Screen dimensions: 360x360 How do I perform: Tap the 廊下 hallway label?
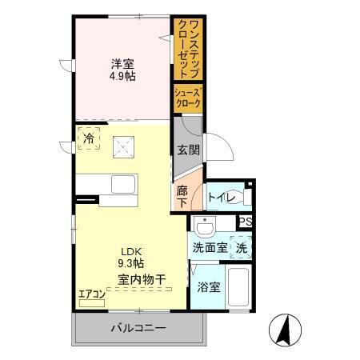pos(182,197)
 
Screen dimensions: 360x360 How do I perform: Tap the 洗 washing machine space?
pos(241,248)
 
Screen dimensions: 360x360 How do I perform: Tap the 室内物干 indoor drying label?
pos(142,279)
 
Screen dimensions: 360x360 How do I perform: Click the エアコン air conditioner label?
pos(91,294)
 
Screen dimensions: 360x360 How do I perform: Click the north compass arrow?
pos(286,330)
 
